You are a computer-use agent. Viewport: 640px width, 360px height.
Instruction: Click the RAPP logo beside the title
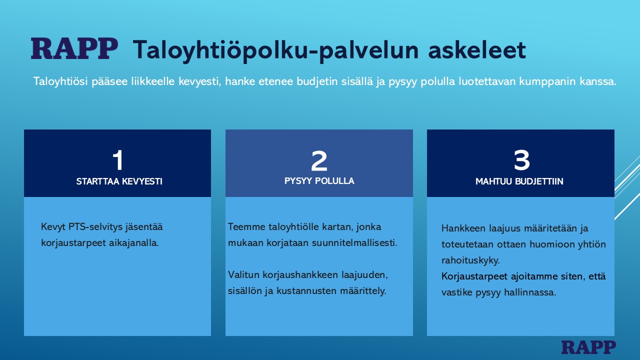[x=74, y=48]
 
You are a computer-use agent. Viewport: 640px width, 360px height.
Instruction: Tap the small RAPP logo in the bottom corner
[x=588, y=347]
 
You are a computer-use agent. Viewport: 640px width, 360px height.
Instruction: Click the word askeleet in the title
[x=477, y=50]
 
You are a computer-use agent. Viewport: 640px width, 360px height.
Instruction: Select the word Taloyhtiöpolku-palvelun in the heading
[x=275, y=51]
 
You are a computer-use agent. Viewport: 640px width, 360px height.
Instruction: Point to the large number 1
[x=118, y=160]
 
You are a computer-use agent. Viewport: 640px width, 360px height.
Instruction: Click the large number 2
[x=319, y=161]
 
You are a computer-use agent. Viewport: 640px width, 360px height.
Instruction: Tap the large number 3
[x=521, y=160]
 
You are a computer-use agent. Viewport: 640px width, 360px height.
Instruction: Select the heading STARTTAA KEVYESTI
[x=119, y=181]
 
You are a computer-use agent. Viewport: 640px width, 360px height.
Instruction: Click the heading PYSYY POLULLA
[x=319, y=181]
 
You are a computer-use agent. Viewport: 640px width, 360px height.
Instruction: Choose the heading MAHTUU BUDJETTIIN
[x=519, y=181]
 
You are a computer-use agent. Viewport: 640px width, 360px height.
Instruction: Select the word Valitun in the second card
[x=243, y=275]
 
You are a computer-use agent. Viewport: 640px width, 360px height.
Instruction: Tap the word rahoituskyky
[x=470, y=260]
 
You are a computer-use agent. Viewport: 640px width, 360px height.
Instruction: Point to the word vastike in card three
[x=456, y=292]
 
